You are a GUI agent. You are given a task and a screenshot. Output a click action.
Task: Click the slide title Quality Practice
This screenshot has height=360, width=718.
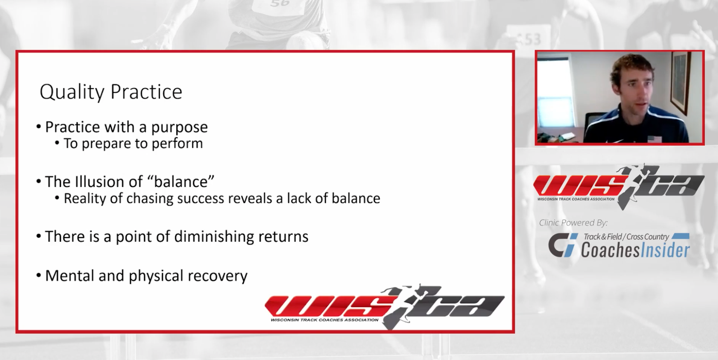click(x=111, y=92)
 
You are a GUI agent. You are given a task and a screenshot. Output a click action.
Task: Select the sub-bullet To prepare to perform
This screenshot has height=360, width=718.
click(x=133, y=143)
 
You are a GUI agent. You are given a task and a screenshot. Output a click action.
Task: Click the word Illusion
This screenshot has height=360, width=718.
click(x=100, y=181)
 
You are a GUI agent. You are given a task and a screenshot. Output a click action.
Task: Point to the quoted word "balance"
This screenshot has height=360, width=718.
click(x=181, y=181)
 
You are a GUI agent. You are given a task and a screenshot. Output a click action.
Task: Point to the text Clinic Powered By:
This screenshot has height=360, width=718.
click(x=573, y=223)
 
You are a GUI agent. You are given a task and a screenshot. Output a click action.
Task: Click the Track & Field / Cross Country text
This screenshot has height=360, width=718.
click(x=626, y=236)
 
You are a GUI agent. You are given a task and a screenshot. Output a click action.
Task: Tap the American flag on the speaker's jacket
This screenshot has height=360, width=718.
click(x=654, y=139)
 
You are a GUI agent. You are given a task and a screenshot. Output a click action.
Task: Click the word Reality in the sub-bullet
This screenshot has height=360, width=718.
click(x=85, y=199)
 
